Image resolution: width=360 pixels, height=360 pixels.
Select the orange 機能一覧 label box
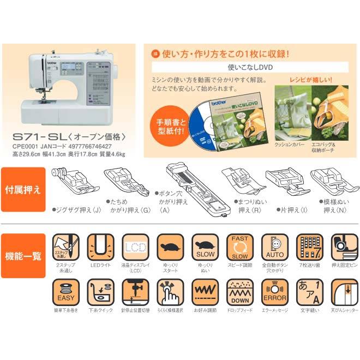(x=23, y=256)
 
